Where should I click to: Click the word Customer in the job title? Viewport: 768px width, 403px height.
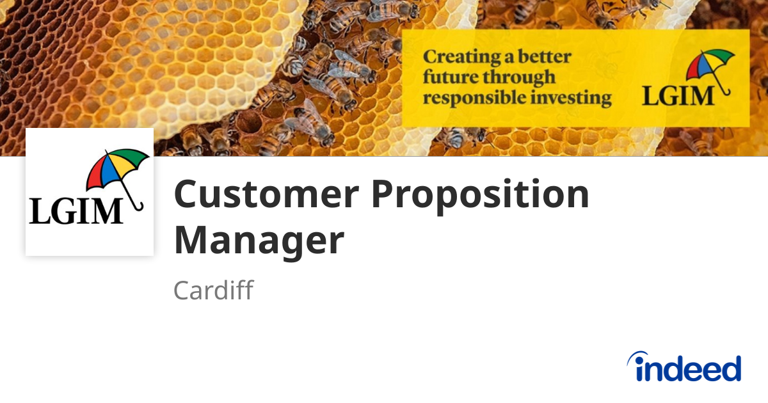(266, 195)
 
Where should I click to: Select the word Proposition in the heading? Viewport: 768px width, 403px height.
(480, 195)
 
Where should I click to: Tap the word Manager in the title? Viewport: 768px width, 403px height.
(259, 241)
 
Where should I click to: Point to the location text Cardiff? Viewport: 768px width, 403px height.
(213, 290)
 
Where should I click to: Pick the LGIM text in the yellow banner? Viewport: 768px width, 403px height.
(677, 96)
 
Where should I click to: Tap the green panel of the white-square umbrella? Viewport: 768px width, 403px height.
(138, 159)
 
